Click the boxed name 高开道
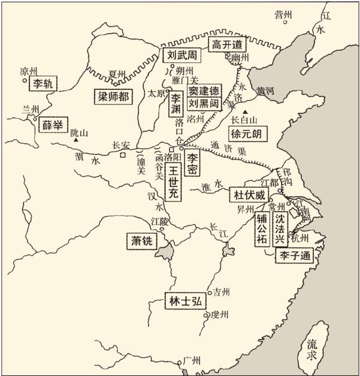228,44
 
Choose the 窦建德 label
205,90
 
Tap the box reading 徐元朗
249,133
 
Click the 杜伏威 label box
247,195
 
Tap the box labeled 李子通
294,256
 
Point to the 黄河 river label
264,91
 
